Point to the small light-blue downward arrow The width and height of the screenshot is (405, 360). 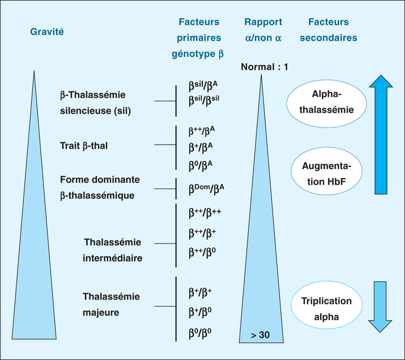[x=380, y=306]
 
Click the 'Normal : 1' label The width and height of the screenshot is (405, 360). [x=264, y=67]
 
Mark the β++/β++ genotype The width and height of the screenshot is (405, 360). [x=205, y=213]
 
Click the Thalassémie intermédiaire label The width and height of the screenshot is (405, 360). [x=112, y=249]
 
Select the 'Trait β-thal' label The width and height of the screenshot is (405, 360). [x=83, y=145]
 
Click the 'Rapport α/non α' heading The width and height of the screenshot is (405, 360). [x=263, y=30]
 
